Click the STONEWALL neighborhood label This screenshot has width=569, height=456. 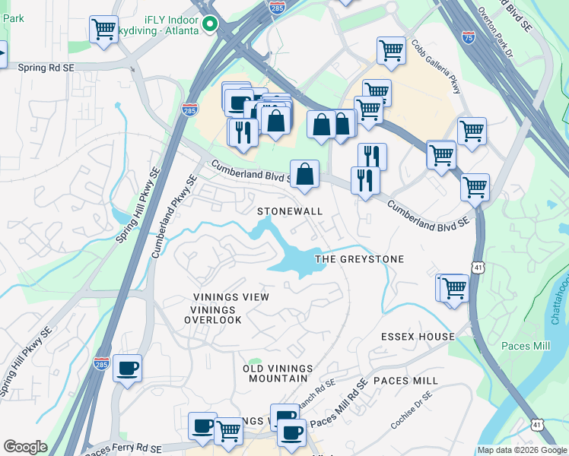(x=290, y=211)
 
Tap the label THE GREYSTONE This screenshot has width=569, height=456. (x=359, y=259)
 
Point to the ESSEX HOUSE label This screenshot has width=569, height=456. (x=418, y=337)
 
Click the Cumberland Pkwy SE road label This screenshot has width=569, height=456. (x=174, y=217)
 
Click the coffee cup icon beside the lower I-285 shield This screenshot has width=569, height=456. (x=127, y=369)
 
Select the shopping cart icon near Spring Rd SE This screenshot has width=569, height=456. (x=103, y=30)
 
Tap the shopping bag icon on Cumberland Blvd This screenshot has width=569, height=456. (x=304, y=173)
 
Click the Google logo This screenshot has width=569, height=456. (x=25, y=447)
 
